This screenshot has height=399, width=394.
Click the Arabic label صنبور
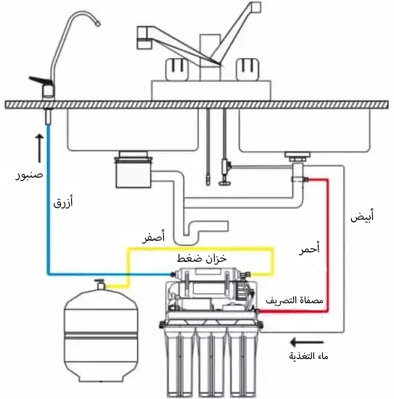pyautogui.click(x=28, y=174)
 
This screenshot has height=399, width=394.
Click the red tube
pyautogui.click(x=327, y=239)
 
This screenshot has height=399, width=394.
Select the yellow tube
pyautogui.click(x=203, y=248)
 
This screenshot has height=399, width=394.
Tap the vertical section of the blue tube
pyautogui.click(x=49, y=196)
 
